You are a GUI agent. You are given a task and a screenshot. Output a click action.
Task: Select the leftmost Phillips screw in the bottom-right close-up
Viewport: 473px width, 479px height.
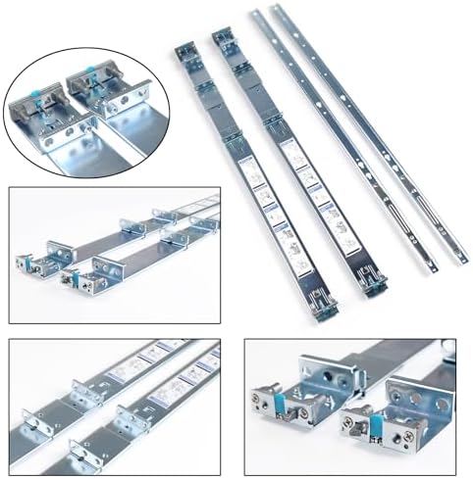point(260,396)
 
